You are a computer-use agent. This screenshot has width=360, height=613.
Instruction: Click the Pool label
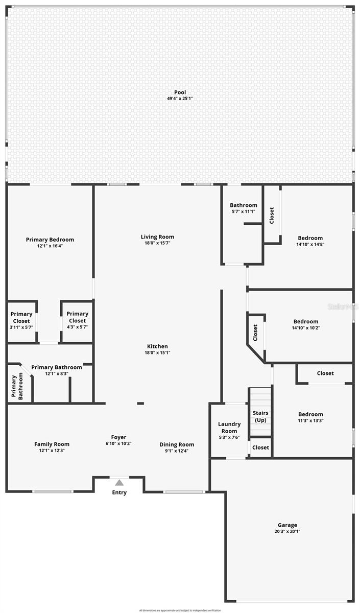pos(180,92)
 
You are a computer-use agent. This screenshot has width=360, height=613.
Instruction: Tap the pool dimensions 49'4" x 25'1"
pos(180,99)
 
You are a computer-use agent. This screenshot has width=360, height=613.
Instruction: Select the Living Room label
pos(157,237)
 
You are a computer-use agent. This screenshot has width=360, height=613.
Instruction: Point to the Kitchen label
pos(157,346)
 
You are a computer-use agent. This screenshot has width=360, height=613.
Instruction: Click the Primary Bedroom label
pos(50,240)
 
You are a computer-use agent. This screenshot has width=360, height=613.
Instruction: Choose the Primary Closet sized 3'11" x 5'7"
pos(21,318)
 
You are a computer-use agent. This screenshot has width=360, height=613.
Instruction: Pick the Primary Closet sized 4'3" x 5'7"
pos(77,317)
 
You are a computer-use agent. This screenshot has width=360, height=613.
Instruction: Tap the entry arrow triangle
pos(119,482)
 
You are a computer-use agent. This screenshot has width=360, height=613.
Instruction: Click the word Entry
pos(119,492)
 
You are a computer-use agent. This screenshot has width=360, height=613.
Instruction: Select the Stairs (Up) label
pos(260,416)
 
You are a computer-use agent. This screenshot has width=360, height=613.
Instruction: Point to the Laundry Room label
pos(229,428)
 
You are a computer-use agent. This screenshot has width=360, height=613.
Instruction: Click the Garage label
pos(287,525)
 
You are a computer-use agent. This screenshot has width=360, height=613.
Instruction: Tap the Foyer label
pos(118,437)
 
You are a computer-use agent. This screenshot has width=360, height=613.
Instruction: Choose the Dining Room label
pos(177,444)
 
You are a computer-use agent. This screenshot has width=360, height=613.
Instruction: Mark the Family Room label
pos(52,444)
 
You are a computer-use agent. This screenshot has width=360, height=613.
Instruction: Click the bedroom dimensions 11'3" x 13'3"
pos(310,421)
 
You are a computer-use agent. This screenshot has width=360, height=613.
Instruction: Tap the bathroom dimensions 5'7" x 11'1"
pos(243,211)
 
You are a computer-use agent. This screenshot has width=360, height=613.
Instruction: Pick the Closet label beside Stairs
pos(260,447)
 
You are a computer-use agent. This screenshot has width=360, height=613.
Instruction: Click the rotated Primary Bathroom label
pos(18,386)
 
